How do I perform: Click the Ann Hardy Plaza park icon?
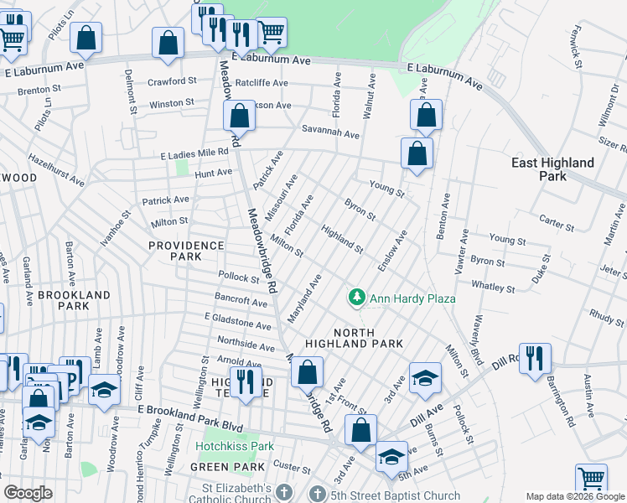coord(357,298)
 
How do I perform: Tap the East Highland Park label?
coord(553,169)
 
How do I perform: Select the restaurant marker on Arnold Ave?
coord(246,381)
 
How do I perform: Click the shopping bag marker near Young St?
coord(417,153)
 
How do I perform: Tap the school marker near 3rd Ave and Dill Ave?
coord(425,377)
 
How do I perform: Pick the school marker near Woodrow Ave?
coord(105,390)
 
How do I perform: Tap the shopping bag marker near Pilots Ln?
coord(85,37)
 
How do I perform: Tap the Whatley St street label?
coord(486,285)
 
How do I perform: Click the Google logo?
coord(28,493)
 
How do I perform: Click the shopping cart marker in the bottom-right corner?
coord(592,479)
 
